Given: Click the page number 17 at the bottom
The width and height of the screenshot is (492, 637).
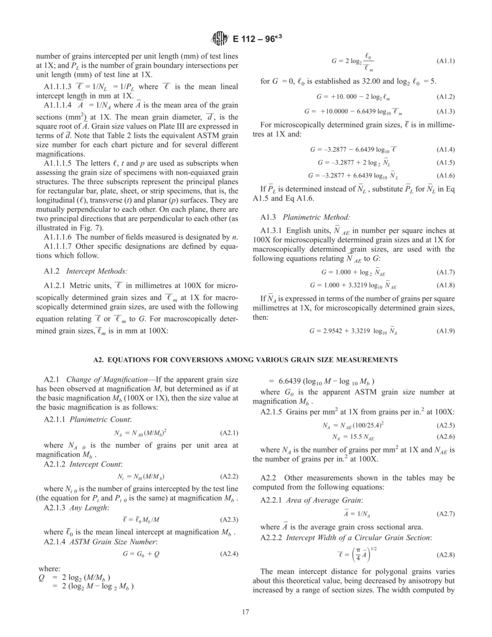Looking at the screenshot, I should pyautogui.click(x=245, y=611).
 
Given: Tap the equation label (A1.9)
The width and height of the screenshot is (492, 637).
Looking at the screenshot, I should pyautogui.click(x=445, y=331).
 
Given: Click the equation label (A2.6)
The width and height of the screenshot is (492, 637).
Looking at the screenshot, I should pyautogui.click(x=445, y=436).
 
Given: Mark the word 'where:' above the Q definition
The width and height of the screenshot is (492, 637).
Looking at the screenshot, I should pyautogui.click(x=49, y=568).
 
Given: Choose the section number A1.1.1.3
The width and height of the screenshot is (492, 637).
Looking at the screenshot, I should pyautogui.click(x=61, y=87).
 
